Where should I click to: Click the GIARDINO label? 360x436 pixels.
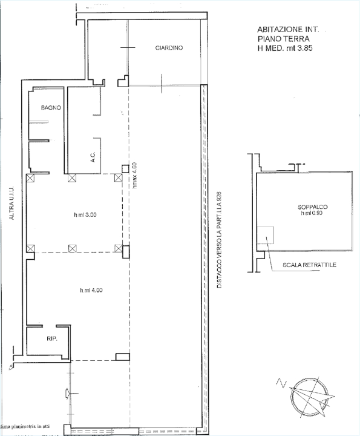[169, 48]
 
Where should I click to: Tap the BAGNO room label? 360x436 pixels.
[50, 108]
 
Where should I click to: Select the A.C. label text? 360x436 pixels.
[93, 157]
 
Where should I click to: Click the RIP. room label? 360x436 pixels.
[51, 339]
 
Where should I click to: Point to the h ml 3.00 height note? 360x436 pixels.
[85, 214]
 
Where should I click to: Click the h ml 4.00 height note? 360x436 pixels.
[91, 290]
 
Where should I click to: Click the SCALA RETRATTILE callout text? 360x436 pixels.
[309, 265]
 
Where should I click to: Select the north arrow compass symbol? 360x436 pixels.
[310, 398]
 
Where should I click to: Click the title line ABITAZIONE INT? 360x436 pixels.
[292, 28]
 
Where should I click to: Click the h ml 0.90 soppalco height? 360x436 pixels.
[312, 214]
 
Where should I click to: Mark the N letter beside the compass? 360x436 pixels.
[279, 382]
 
